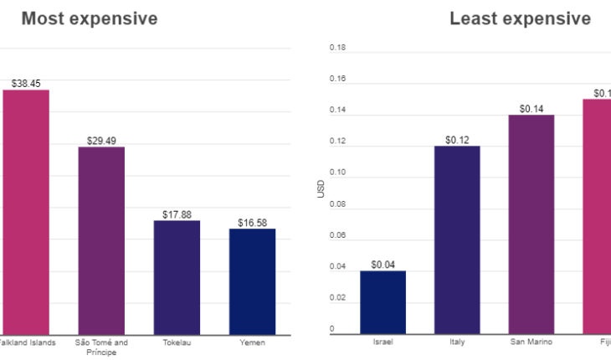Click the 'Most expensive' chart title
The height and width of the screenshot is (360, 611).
pyautogui.click(x=89, y=18)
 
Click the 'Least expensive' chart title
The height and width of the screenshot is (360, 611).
pyautogui.click(x=520, y=18)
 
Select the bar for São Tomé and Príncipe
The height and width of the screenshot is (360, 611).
pyautogui.click(x=101, y=240)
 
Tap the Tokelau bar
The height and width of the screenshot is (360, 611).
pyautogui.click(x=177, y=277)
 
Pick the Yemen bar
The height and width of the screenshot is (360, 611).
pyautogui.click(x=252, y=281)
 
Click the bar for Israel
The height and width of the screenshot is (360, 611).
pyautogui.click(x=383, y=302)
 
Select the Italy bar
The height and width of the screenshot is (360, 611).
pyautogui.click(x=457, y=239)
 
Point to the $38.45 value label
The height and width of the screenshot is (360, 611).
pyautogui.click(x=26, y=84)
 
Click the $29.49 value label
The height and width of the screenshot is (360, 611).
pyautogui.click(x=101, y=141)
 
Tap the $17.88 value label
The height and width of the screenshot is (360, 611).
pyautogui.click(x=177, y=214)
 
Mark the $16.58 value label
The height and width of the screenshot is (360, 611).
pyautogui.click(x=252, y=223)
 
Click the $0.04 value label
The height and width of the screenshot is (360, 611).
pyautogui.click(x=383, y=265)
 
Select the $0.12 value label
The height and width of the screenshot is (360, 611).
pyautogui.click(x=457, y=139)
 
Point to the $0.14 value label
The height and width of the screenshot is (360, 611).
pyautogui.click(x=531, y=108)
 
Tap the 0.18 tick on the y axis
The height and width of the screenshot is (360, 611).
pyautogui.click(x=337, y=48)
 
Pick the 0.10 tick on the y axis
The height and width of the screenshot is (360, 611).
pyautogui.click(x=337, y=172)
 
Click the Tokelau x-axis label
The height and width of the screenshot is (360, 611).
pyautogui.click(x=177, y=342)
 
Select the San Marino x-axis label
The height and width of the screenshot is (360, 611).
pyautogui.click(x=531, y=342)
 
